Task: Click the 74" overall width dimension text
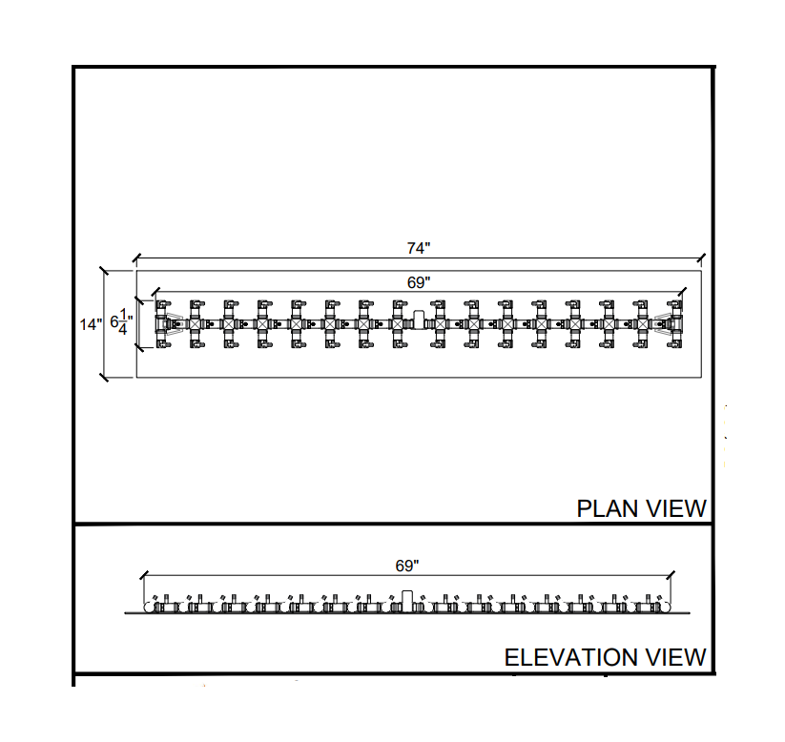pyautogui.click(x=419, y=249)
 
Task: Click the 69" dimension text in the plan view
pyautogui.click(x=419, y=282)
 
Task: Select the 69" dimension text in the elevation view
pyautogui.click(x=407, y=566)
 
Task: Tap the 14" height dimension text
pyautogui.click(x=91, y=324)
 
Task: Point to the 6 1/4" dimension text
pyautogui.click(x=121, y=323)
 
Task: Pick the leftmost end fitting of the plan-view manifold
pyautogui.click(x=164, y=324)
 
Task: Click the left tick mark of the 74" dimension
pyautogui.click(x=136, y=258)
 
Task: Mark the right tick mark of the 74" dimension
pyautogui.click(x=702, y=258)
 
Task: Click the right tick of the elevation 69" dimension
pyautogui.click(x=671, y=576)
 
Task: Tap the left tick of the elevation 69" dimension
pyautogui.click(x=143, y=576)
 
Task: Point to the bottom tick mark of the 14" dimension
pyautogui.click(x=104, y=378)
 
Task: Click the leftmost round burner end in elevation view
pyautogui.click(x=149, y=607)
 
